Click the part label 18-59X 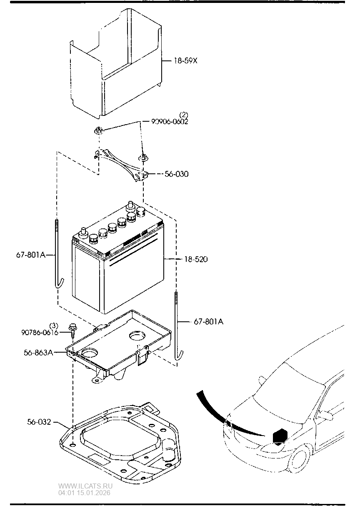pos(185,61)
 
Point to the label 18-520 pos(196,259)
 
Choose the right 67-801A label pos(209,321)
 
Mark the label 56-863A pos(38,352)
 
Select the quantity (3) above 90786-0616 pos(54,325)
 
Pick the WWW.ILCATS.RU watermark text pos(85,486)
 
